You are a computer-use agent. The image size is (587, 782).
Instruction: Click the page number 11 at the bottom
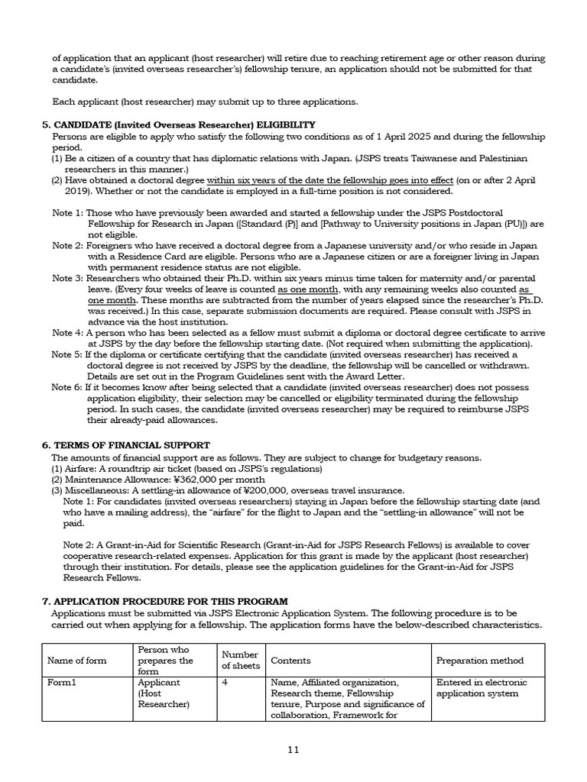tap(293, 749)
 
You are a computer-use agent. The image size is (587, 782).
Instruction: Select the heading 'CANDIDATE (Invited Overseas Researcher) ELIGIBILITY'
tap(178, 124)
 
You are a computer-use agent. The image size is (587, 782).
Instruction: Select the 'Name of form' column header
tap(77, 661)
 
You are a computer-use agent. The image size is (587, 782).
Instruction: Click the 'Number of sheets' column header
tap(240, 660)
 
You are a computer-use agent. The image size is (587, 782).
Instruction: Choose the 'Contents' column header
tap(290, 661)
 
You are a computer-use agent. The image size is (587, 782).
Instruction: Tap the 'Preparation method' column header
tap(480, 661)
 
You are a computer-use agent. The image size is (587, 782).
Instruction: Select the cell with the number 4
tap(225, 682)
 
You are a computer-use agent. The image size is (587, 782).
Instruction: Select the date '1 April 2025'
tap(407, 136)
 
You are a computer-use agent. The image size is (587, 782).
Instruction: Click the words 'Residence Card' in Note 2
tap(147, 257)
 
